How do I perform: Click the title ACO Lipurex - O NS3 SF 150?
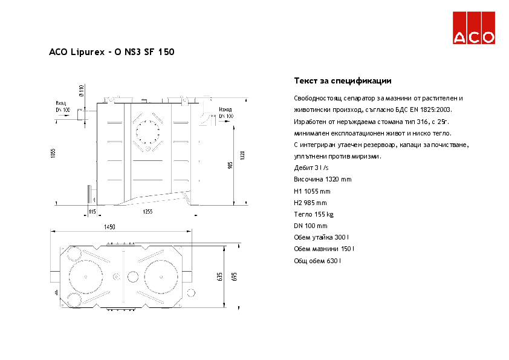(112, 53)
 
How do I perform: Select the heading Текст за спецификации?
(342, 80)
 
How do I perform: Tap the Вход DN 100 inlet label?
(63, 106)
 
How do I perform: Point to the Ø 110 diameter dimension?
(82, 91)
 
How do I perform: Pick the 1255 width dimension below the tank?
(148, 211)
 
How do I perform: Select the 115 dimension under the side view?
(92, 211)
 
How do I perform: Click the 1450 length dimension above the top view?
(109, 227)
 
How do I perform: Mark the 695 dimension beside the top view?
(235, 277)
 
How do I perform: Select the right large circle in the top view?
(160, 276)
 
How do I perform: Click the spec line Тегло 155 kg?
(313, 214)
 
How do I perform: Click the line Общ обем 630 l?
(317, 260)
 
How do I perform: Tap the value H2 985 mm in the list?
(310, 203)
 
